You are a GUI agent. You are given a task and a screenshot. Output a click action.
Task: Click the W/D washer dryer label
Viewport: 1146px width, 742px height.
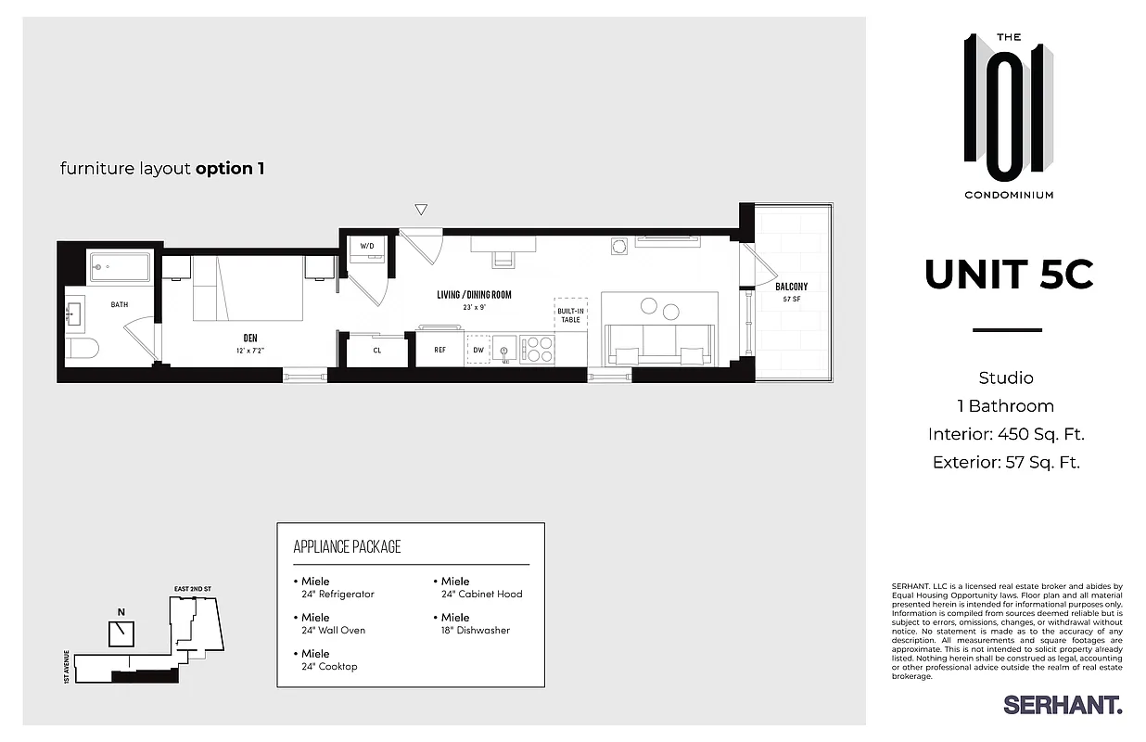366,246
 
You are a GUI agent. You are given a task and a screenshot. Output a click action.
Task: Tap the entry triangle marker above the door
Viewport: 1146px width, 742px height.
421,210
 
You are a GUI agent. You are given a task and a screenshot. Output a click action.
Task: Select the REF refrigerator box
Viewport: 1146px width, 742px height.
440,350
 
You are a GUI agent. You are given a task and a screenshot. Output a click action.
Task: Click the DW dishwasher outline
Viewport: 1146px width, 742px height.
477,350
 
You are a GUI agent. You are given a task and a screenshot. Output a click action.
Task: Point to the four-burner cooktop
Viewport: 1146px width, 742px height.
537,349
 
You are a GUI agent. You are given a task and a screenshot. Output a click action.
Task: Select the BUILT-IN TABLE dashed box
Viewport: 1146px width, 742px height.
570,312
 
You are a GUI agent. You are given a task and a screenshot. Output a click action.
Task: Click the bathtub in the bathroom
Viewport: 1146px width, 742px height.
120,269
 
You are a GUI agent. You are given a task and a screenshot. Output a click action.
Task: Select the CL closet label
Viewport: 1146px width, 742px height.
377,351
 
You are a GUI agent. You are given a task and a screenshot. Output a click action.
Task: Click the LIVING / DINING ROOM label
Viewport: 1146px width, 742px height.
474,295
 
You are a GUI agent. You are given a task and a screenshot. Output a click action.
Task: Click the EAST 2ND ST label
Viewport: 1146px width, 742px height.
192,589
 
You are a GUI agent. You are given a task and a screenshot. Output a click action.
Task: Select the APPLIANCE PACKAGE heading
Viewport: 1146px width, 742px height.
347,546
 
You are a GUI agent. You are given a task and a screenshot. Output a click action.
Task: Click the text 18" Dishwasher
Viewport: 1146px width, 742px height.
476,631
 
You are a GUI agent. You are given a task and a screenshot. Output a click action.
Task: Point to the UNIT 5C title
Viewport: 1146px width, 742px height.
1008,275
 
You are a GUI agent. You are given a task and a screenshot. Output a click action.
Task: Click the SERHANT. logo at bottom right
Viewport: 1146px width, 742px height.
1063,705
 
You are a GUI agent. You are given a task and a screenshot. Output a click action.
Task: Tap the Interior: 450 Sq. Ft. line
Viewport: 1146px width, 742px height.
1006,434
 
